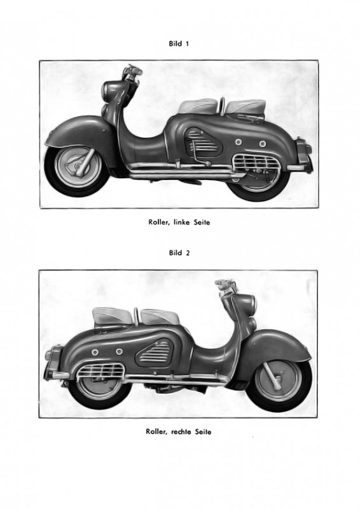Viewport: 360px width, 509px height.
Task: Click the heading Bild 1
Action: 179,43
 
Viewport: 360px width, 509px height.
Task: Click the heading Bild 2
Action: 179,253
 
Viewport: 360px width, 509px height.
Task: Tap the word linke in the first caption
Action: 183,222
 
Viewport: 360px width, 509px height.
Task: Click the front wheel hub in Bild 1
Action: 78,166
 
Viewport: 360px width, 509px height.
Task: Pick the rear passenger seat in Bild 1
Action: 246,107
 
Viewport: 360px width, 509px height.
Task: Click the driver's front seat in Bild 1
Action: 198,106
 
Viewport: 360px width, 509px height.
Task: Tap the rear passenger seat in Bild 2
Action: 113,316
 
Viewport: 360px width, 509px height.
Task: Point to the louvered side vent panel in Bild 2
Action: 155,352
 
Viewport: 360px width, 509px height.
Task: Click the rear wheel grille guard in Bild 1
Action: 256,162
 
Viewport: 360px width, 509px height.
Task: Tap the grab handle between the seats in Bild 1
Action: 222,104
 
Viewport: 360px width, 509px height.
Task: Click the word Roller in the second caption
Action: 157,432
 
